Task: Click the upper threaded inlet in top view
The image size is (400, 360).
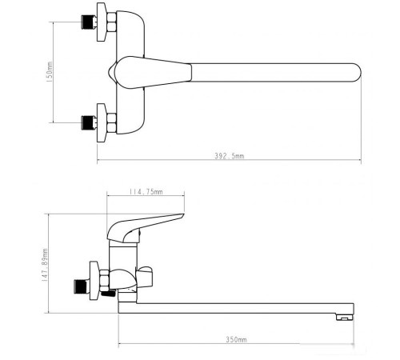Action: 86,23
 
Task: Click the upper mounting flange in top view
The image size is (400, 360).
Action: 102,22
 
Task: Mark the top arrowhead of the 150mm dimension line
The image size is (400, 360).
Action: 54,24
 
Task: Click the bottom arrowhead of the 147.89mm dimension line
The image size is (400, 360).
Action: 49,313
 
